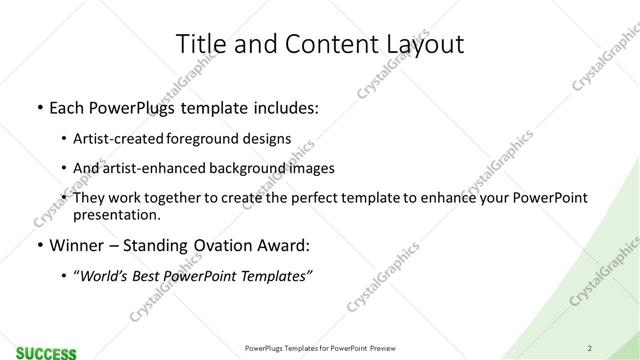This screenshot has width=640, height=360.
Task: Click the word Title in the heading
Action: click(201, 43)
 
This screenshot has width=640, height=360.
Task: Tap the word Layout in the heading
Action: click(422, 43)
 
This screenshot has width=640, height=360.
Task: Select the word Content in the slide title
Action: click(322, 43)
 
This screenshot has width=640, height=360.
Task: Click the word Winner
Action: click(77, 245)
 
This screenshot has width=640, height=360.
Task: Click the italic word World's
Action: click(107, 275)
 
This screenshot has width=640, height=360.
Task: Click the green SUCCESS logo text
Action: click(45, 352)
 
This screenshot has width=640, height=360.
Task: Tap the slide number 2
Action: click(590, 348)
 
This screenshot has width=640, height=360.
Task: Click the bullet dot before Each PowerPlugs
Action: click(39, 106)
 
